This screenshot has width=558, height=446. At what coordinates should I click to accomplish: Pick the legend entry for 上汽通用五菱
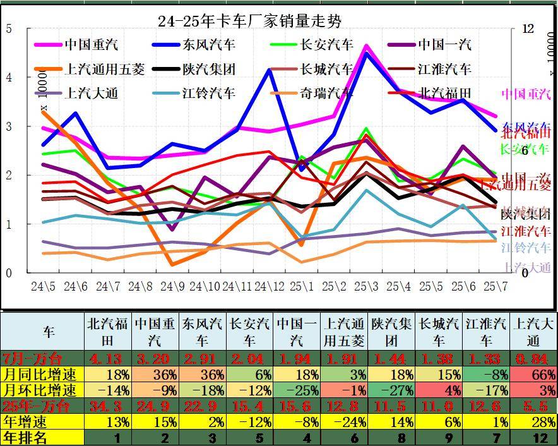(x=104, y=69)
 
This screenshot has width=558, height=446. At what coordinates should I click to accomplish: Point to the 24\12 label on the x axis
(x=270, y=286)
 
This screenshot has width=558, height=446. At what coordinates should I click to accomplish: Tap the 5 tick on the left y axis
(x=9, y=28)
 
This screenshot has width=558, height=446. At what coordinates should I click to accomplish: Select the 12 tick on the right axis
(x=528, y=28)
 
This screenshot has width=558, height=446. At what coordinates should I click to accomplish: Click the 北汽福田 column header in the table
(x=108, y=332)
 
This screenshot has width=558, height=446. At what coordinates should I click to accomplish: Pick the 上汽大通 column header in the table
(x=533, y=332)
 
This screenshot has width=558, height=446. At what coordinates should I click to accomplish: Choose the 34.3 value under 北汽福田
(x=108, y=405)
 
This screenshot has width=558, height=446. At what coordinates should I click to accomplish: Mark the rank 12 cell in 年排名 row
(x=533, y=437)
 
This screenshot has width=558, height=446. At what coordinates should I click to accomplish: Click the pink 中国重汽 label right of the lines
(x=526, y=95)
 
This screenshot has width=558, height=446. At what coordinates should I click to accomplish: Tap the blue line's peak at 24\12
(x=270, y=70)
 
